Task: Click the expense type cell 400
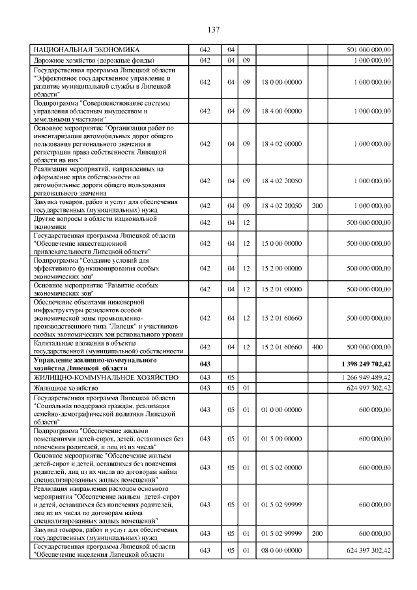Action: (317, 347)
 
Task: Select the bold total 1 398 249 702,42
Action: (366, 364)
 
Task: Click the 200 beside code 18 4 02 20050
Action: (317, 205)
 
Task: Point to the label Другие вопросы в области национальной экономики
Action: (95, 222)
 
